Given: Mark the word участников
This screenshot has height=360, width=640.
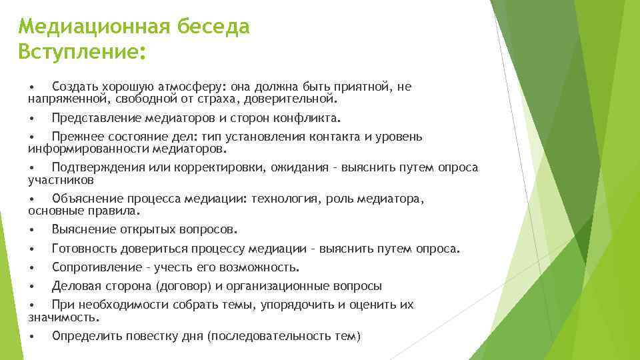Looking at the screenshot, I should pos(61,180).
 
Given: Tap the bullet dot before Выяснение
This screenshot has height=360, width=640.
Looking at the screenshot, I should pos(31,230).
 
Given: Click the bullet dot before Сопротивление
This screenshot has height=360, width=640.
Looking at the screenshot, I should pos(31,267).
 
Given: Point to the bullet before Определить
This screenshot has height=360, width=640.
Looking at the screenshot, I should pos(31,336).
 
